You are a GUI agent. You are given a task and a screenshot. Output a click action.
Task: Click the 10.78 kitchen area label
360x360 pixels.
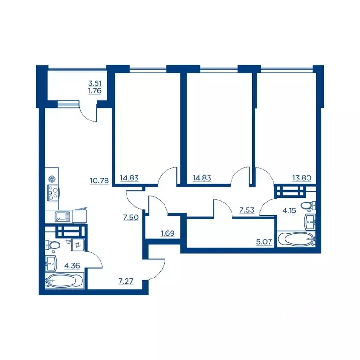point(99,180)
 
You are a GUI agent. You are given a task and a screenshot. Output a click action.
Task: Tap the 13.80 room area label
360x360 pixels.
point(302,178)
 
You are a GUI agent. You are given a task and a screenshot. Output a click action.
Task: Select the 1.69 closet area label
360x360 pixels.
point(168,233)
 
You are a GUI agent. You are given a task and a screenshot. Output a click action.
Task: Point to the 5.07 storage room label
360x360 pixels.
point(264,241)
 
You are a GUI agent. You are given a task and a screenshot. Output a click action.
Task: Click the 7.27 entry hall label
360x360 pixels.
point(126,281)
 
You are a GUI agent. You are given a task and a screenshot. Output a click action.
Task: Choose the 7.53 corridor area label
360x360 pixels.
point(247,210)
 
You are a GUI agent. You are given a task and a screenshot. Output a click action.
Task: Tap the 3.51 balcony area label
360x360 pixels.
point(95,83)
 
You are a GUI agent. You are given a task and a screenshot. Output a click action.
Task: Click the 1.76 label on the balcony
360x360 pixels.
point(95,90)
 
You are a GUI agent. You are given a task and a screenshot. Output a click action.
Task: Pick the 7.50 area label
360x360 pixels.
point(131,217)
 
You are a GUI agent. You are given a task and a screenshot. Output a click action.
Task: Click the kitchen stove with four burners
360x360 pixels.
point(53,193)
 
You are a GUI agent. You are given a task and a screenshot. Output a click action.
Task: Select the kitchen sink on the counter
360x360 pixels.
point(62,217)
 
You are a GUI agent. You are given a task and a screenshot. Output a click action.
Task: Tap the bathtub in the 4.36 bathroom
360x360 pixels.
point(65,281)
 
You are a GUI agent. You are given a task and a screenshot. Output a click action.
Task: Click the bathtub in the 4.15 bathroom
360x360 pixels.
point(297,239)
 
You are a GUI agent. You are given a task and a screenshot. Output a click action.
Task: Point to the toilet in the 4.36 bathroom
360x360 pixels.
point(52,245)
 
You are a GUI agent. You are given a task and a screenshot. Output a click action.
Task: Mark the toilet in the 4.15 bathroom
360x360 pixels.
point(308,205)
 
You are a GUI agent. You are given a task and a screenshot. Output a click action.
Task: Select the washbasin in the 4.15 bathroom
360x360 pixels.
point(310,222)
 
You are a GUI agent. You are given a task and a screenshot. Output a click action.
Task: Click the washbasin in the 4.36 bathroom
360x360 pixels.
point(51,263)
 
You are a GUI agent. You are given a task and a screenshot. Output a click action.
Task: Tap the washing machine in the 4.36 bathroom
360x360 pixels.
point(78,245)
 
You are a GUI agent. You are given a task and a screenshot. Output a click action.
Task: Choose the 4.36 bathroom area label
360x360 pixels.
point(72,266)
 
